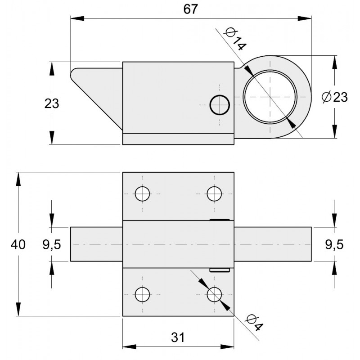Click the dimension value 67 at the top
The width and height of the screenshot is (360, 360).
click(191, 9)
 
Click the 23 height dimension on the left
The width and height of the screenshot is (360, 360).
click(52, 103)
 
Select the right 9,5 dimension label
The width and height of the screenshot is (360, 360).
click(334, 244)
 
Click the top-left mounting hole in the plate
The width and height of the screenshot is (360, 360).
click(143, 193)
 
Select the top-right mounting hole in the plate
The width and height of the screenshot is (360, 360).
click(214, 193)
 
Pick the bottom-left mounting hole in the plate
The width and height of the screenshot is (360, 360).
click(143, 294)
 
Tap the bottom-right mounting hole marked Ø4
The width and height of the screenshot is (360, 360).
click(214, 294)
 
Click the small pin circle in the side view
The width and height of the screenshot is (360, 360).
click(220, 105)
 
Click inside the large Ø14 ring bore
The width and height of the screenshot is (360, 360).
click(270, 96)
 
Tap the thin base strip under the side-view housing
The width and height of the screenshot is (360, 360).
click(179, 139)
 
